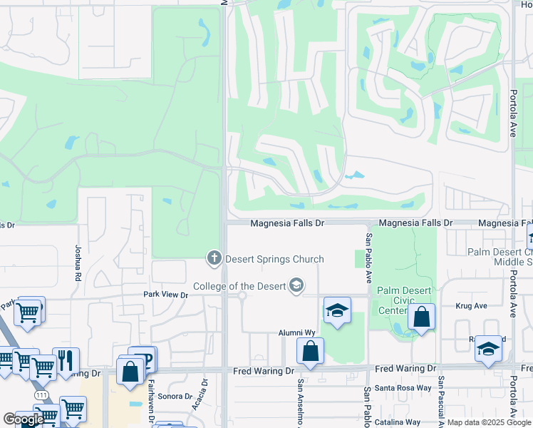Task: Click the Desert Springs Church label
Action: tap(274, 259)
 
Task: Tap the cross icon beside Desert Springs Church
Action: tap(213, 258)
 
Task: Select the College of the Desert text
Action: tap(249, 286)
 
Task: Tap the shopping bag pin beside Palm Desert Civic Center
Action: tap(421, 318)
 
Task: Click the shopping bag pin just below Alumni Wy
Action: tap(310, 352)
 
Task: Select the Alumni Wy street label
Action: tap(296, 333)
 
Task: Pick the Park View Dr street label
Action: tap(165, 295)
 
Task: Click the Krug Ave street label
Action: tap(471, 305)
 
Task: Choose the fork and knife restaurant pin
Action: tap(66, 361)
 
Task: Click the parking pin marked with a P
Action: tap(143, 359)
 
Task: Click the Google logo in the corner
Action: tap(24, 419)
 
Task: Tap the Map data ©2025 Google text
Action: tap(489, 422)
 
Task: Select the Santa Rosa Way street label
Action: tap(405, 388)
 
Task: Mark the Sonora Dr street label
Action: tap(174, 396)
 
